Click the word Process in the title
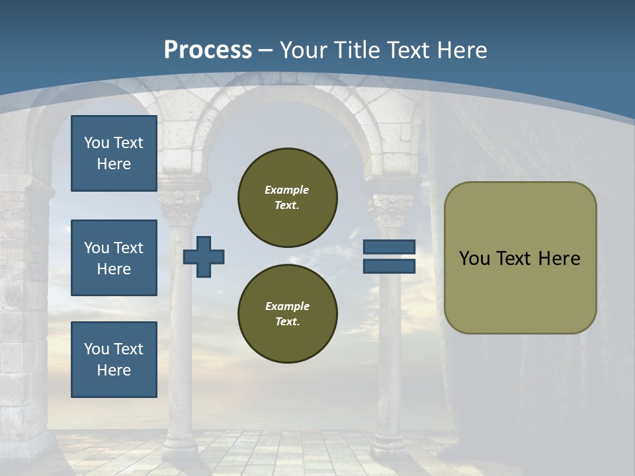(x=208, y=50)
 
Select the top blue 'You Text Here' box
(x=114, y=153)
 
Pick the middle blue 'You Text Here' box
(x=114, y=258)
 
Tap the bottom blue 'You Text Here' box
(x=114, y=360)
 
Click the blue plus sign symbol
(x=204, y=257)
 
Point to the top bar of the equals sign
(x=389, y=247)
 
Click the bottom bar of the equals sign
(x=389, y=266)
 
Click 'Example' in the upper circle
(x=287, y=190)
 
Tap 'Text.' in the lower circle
(x=287, y=321)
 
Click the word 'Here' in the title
(x=462, y=50)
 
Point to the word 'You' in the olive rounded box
(x=474, y=258)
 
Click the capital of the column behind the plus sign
(x=180, y=206)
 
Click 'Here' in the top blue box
(x=114, y=164)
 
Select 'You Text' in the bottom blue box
(x=114, y=349)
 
